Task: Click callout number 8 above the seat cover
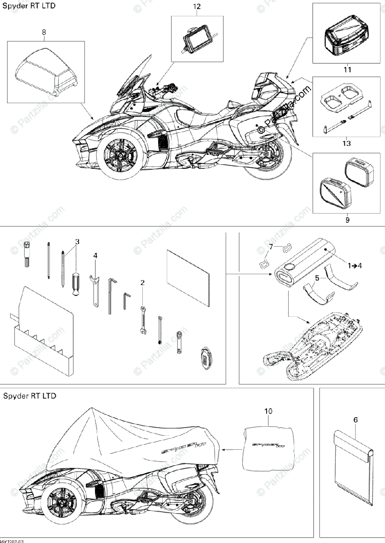tap(44, 32)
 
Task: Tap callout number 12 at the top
tap(197, 7)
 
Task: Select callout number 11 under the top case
tap(347, 70)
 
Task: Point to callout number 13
tap(347, 143)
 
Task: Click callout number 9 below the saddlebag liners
tap(347, 220)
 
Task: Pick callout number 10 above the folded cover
tap(269, 411)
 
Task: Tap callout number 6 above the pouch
tap(355, 420)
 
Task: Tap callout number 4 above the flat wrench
tap(95, 256)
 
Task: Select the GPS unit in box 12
tap(197, 40)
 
